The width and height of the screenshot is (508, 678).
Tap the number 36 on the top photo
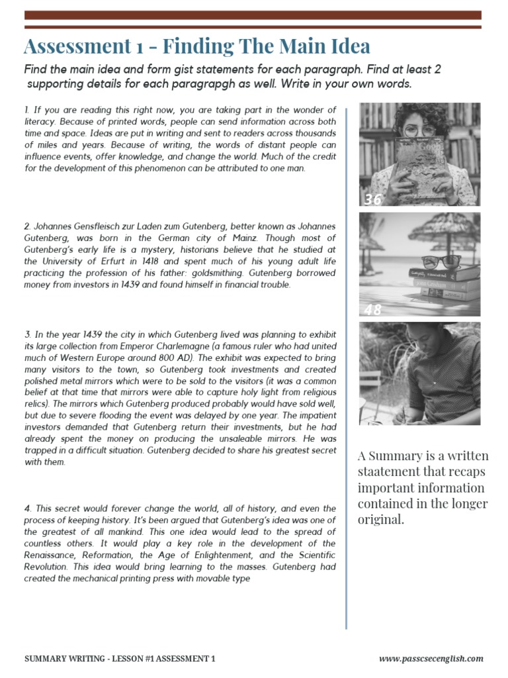pos(373,199)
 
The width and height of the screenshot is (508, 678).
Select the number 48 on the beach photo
pos(373,309)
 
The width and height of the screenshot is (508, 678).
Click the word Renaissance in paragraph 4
pos(48,555)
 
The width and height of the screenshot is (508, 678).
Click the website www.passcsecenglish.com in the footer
pos(431,659)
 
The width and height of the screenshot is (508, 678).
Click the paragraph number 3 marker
pos(26,334)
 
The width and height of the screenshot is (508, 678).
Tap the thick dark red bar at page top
pos(253,15)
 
